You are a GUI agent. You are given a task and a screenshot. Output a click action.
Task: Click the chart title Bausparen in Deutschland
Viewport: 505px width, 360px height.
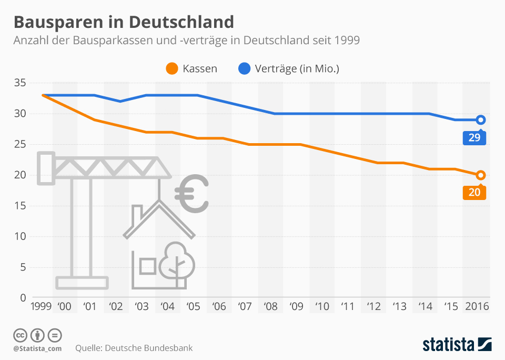pos(123,22)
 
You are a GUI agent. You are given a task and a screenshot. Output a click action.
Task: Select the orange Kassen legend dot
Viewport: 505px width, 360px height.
pos(171,68)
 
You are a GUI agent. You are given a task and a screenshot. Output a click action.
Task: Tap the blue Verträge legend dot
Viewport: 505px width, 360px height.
pos(244,68)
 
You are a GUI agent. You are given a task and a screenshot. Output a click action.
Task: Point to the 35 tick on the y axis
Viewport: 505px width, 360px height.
pos(19,83)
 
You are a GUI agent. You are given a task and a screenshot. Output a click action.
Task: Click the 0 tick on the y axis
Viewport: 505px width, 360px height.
pos(23,298)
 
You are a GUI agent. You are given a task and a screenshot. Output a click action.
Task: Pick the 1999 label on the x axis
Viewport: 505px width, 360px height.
pos(41,306)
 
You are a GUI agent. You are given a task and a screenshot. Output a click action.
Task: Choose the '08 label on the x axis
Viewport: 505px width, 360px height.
pos(270,306)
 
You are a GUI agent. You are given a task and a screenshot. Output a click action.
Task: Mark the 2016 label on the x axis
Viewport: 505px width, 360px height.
pos(477,306)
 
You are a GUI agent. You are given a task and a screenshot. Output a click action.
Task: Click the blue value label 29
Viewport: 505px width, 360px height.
pos(474,138)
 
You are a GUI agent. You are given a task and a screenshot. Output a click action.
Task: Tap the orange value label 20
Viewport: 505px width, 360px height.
pos(474,193)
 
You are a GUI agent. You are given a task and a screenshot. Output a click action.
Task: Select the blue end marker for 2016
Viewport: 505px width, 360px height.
pos(480,120)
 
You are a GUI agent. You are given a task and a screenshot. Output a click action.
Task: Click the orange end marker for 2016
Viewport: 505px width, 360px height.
pos(480,175)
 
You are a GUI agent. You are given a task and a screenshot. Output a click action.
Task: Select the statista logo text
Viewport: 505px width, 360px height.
pos(448,345)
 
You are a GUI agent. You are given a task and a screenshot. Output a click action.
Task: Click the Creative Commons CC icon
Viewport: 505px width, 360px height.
pos(20,335)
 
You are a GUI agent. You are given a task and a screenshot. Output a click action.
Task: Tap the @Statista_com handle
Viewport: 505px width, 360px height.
pos(37,348)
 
